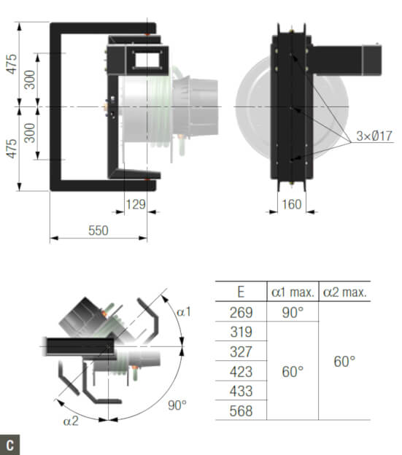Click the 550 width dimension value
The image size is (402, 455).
tap(98, 230)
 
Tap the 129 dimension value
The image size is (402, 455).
tap(136, 204)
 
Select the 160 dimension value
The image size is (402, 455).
tap(292, 204)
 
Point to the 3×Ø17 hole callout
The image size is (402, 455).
tap(374, 136)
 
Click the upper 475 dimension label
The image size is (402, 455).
tap(12, 64)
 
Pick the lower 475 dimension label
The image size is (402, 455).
tap(12, 149)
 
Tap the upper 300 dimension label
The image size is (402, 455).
tap(30, 79)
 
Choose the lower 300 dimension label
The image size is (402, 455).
tap(30, 133)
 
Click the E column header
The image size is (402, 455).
tap(241, 292)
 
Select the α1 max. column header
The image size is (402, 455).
tap(293, 292)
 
